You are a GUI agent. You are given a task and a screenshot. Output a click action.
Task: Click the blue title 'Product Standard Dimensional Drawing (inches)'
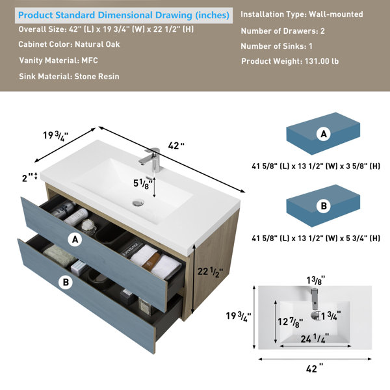pos(123,15)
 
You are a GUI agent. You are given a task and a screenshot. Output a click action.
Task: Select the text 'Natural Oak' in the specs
pos(97,44)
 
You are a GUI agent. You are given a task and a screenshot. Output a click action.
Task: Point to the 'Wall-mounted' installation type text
pos(336,14)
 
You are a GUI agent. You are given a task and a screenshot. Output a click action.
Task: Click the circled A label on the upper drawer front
pos(75,239)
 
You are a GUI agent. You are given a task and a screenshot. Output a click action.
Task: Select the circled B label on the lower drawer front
pos(66,282)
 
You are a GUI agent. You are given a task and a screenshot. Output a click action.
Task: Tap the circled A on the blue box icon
pos(323,134)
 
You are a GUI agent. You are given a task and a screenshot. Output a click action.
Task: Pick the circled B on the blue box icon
pos(323,206)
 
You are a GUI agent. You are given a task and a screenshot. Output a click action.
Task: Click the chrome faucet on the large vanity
pos(151,160)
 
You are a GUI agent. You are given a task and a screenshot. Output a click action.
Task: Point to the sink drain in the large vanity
pos(138,202)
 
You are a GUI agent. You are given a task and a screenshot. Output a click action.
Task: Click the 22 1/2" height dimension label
pos(210,272)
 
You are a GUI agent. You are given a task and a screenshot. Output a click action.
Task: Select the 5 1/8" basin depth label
pos(142,184)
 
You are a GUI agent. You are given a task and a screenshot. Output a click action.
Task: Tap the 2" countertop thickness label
pos(27,178)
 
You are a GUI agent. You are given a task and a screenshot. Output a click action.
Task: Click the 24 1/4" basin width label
pos(315,339)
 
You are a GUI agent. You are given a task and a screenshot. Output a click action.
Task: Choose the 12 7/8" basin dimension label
pos(291,322)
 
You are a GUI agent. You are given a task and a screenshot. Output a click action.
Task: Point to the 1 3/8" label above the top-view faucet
pos(315,280)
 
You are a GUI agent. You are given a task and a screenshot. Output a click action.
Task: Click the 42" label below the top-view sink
pos(315,369)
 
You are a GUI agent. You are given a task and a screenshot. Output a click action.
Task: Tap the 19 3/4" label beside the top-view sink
pos(239,317)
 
